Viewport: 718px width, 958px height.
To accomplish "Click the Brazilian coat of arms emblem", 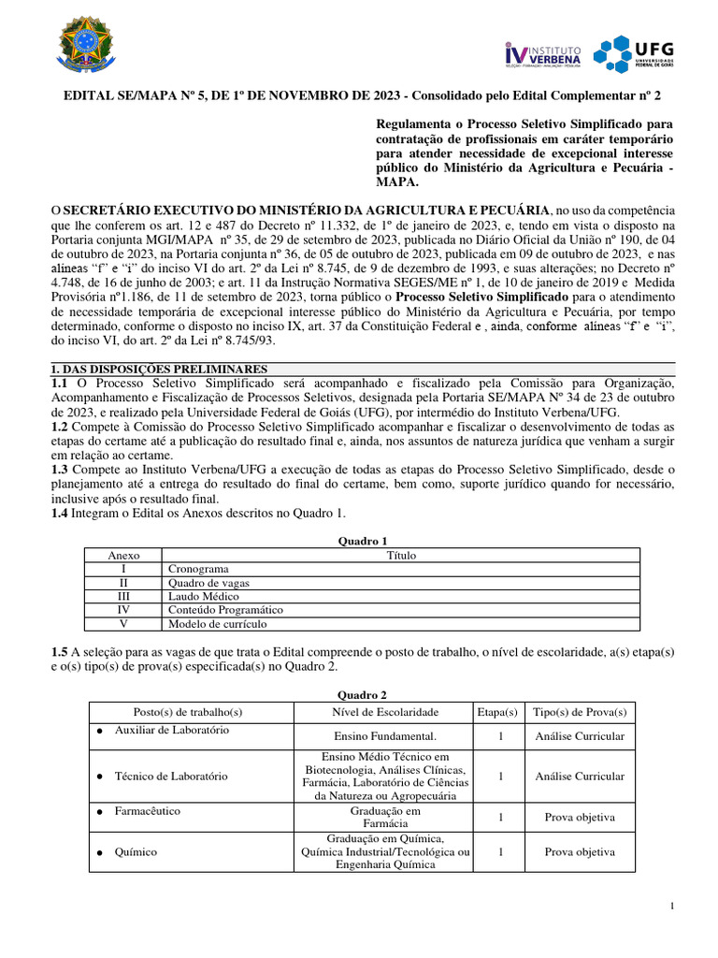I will coord(90,49).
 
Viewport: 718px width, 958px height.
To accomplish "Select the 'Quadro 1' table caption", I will coord(361,541).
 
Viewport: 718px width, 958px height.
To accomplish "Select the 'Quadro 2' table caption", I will coord(361,694).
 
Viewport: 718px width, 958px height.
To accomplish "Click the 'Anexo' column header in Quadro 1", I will coord(123,555).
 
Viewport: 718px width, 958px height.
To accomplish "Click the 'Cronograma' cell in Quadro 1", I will coord(197,568).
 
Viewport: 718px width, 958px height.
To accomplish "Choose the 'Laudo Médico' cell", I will coord(204,596).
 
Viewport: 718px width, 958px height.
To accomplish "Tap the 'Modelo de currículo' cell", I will coord(217,623).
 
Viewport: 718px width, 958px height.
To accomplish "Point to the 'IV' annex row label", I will coord(123,610).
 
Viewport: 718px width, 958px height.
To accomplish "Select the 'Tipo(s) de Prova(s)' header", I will coord(580,712).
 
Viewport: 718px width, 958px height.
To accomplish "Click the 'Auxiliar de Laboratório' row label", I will coord(171,730).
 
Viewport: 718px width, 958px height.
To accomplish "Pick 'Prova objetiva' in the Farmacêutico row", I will coord(580,817).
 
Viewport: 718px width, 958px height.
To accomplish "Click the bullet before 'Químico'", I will coord(99,853).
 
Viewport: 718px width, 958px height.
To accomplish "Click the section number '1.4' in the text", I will coord(58,513).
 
